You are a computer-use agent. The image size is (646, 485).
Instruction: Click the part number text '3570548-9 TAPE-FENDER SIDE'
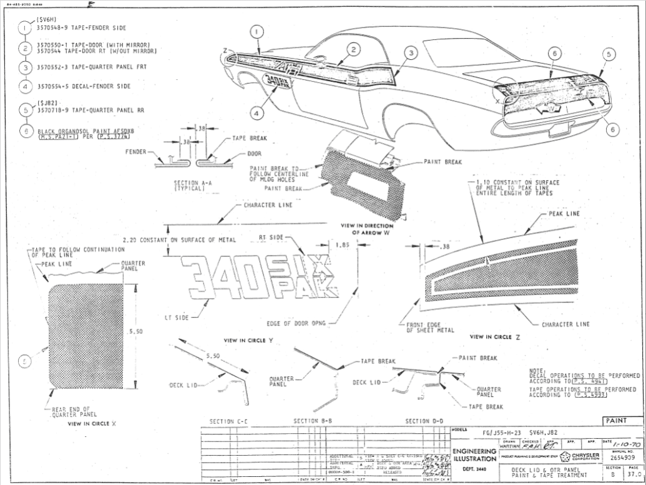[x=82, y=29]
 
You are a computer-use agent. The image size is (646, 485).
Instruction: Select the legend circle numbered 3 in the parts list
[x=25, y=67]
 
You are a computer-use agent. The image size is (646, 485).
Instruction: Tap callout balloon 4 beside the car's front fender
[x=259, y=113]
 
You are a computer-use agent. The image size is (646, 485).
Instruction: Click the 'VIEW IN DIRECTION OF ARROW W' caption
[x=367, y=229]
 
